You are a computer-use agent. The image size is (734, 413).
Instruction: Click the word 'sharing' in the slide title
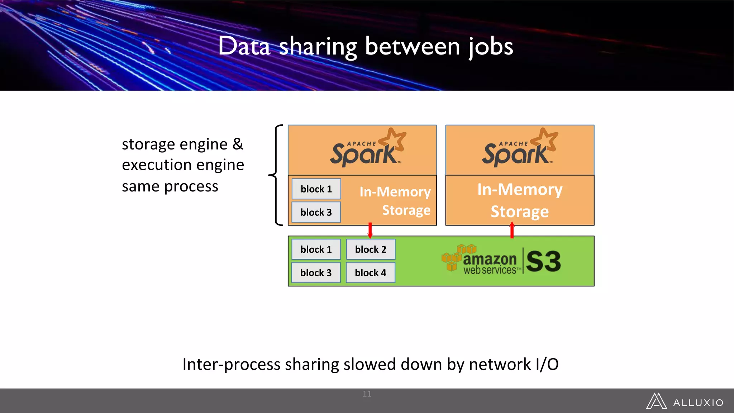pyautogui.click(x=318, y=47)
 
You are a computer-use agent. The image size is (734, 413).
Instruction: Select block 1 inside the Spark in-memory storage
pyautogui.click(x=316, y=189)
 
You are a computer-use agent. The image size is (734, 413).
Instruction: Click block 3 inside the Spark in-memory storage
pyautogui.click(x=316, y=212)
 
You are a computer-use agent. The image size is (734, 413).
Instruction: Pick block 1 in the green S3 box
pyautogui.click(x=316, y=250)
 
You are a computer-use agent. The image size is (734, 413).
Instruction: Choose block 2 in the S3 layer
pyautogui.click(x=371, y=250)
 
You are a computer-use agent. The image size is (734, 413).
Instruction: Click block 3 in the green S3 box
pyautogui.click(x=316, y=273)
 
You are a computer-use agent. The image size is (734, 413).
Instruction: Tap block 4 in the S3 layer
pyautogui.click(x=371, y=273)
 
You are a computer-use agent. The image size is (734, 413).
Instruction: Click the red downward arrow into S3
pyautogui.click(x=370, y=230)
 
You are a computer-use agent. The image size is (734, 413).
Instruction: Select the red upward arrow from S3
pyautogui.click(x=512, y=230)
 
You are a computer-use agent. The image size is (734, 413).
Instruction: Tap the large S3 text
pyautogui.click(x=543, y=261)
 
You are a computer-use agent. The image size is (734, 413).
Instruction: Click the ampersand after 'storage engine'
pyautogui.click(x=238, y=144)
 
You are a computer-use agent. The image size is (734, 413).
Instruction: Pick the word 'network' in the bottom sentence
pyautogui.click(x=500, y=364)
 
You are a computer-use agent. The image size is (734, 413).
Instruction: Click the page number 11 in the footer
pyautogui.click(x=367, y=394)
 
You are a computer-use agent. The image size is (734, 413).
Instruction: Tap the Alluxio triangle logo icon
pyautogui.click(x=656, y=401)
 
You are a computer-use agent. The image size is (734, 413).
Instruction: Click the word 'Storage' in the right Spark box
pyautogui.click(x=519, y=212)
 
